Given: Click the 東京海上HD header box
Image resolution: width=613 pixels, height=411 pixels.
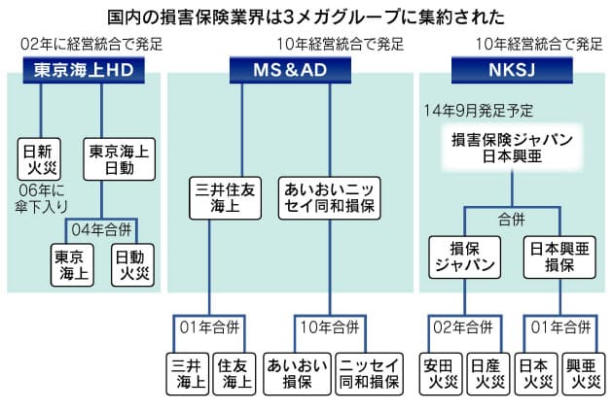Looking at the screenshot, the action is click(84, 70).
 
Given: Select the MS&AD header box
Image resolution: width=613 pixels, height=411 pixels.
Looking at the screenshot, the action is click(290, 70).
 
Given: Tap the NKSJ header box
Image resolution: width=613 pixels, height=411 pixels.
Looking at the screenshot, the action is click(512, 70).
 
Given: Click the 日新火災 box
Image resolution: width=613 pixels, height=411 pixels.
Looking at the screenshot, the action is click(39, 159).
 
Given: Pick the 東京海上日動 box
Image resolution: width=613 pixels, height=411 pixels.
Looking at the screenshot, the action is click(120, 159).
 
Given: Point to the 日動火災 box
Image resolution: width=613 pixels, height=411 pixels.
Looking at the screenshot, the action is click(132, 265).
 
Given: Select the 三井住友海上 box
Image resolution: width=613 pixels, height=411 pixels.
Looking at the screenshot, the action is click(225, 198).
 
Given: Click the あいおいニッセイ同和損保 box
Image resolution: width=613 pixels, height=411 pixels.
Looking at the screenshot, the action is click(330, 198).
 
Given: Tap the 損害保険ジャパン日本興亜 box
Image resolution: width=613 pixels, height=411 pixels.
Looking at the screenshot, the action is click(512, 148).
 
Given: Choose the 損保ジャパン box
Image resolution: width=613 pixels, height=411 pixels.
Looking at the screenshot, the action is click(465, 257).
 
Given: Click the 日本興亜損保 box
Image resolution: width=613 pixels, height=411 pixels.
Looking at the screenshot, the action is click(559, 257).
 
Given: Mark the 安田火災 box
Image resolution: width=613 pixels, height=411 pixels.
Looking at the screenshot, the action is click(441, 374).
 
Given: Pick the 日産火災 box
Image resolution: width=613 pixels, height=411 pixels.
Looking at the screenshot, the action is click(488, 374).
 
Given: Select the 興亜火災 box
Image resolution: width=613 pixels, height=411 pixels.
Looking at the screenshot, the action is click(583, 374).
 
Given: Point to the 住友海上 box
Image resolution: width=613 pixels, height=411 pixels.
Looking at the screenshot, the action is click(234, 374).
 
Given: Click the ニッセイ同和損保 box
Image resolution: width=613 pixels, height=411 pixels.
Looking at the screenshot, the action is click(369, 374).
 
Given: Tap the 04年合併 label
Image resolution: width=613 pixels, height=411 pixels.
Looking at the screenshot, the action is click(101, 229).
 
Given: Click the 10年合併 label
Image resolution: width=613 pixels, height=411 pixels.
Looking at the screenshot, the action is click(330, 327).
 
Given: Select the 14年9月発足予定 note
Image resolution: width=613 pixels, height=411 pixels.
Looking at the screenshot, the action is click(479, 111).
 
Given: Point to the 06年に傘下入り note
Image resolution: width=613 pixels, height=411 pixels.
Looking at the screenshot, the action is click(42, 198).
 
